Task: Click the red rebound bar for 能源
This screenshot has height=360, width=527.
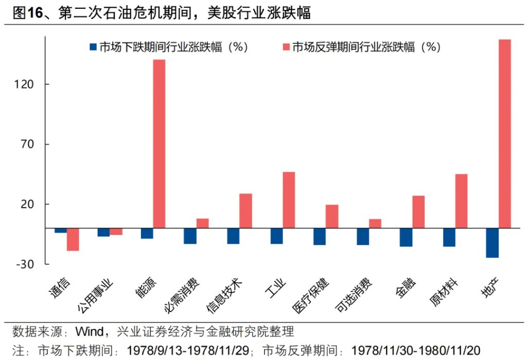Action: tap(159, 143)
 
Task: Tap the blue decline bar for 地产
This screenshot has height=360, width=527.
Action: tap(493, 243)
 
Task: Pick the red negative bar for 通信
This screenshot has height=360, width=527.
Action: tap(73, 239)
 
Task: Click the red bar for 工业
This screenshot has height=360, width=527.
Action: tap(289, 199)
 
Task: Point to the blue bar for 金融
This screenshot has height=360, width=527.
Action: tap(406, 237)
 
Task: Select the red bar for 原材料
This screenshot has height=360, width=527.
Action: tap(462, 201)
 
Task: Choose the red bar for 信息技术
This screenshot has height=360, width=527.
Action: tap(245, 211)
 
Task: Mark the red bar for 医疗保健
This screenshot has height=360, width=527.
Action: tap(332, 216)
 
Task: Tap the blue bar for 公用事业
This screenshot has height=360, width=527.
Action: tap(103, 232)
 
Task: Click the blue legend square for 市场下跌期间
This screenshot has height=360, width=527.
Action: tap(93, 47)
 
